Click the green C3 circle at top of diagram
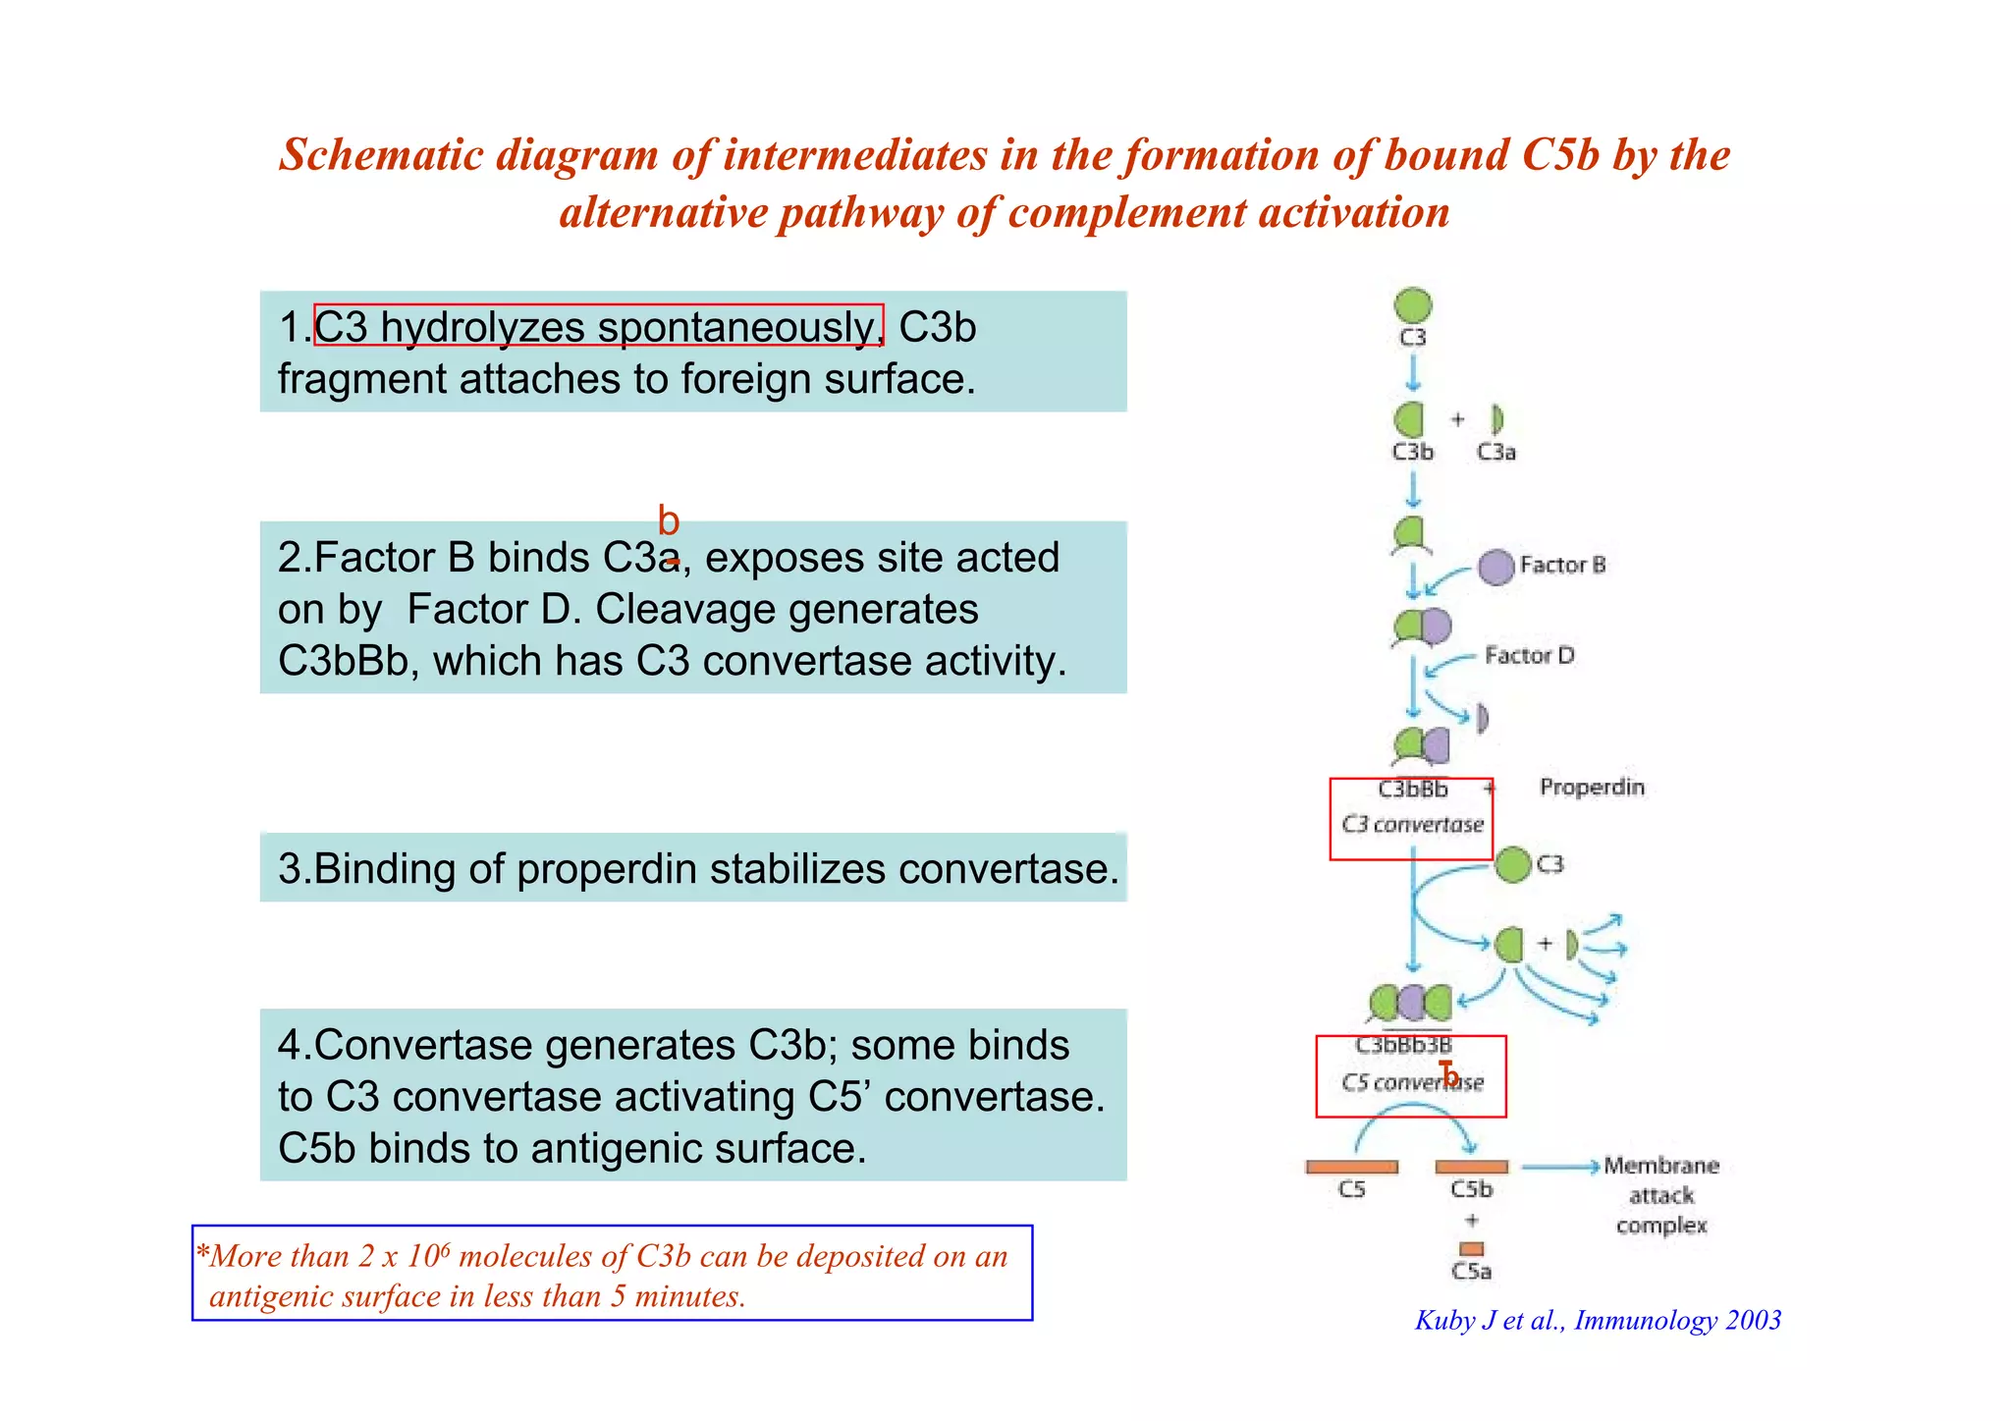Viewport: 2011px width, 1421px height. (1412, 305)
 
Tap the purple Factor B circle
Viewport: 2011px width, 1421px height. (1495, 567)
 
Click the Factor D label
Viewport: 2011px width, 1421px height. (1529, 655)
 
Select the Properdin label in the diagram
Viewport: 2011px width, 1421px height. (1591, 787)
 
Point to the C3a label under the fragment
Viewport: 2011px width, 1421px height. (1495, 452)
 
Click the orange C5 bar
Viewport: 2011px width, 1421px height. (1351, 1167)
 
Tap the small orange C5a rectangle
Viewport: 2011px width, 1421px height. (1471, 1248)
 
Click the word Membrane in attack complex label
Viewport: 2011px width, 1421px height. (1660, 1166)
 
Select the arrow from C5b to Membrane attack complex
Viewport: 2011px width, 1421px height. (1560, 1167)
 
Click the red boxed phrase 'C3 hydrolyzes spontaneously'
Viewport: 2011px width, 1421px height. (598, 326)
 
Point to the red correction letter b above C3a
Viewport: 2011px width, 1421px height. (668, 519)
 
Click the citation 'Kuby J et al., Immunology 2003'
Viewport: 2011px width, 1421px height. (1597, 1320)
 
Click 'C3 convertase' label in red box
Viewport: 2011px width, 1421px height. (1412, 824)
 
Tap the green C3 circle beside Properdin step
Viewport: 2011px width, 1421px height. (1513, 864)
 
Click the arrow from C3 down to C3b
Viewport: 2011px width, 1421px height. (1412, 372)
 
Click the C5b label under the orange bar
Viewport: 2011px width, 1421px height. (1471, 1189)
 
